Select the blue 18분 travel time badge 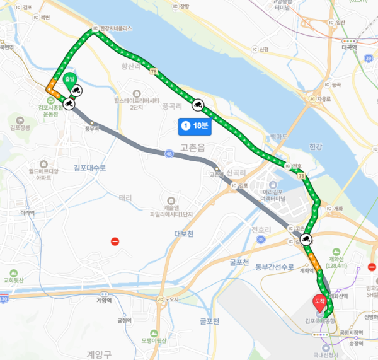click(197, 126)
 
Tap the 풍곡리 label click(173, 107)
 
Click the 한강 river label click(316, 146)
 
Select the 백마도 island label click(278, 136)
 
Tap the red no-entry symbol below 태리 click(115, 241)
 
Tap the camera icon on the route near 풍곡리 click(197, 104)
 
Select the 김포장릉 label click(20, 127)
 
